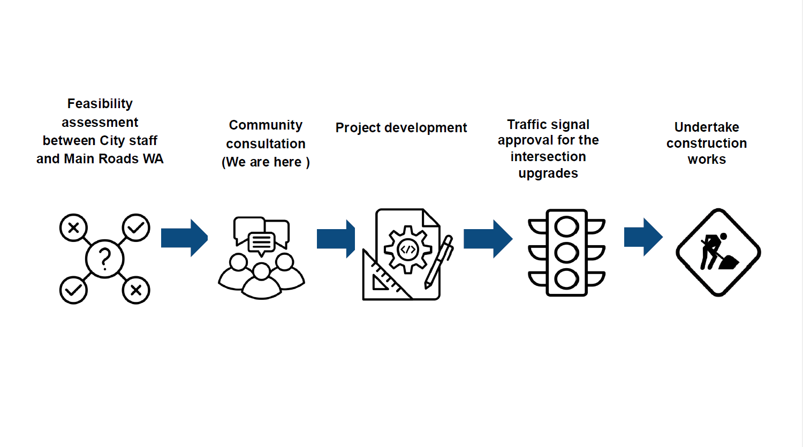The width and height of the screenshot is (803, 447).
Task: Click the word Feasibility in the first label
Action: point(100,103)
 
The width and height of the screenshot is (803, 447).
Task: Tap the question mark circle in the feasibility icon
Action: point(105,259)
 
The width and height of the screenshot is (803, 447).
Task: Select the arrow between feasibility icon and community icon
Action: point(184,238)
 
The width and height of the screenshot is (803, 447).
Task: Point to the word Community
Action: point(266,125)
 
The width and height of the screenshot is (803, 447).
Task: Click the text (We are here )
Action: point(266,162)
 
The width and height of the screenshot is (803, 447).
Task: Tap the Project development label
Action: point(401,128)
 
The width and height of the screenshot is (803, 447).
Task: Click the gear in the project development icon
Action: point(408,249)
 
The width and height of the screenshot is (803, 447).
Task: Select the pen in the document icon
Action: point(440,262)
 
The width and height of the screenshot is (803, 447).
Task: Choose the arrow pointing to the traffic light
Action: point(488,239)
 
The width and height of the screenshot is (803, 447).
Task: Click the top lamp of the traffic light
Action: point(567,226)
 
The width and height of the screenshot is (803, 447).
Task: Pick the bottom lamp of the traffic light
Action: point(567,279)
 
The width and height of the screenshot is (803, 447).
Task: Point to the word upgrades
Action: point(548,173)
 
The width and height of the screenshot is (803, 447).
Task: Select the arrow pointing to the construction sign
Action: point(643,237)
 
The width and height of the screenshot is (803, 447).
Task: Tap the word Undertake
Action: point(707,127)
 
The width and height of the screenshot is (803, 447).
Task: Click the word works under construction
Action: point(707,160)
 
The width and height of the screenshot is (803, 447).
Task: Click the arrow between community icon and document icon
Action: point(336,239)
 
